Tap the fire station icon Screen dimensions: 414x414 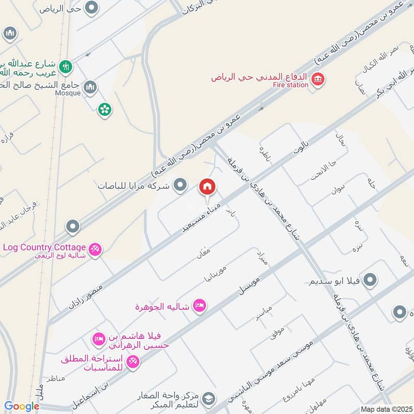click(318, 79)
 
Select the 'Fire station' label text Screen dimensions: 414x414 click(290, 85)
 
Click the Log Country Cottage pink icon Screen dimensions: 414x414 click(95, 249)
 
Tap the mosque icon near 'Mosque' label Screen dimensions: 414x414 click(90, 85)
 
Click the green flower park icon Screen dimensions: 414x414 click(105, 109)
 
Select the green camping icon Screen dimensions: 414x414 click(66, 66)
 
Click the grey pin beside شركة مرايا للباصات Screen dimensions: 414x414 click(180, 184)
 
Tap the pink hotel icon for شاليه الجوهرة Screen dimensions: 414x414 click(200, 306)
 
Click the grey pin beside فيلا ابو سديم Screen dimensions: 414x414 click(370, 280)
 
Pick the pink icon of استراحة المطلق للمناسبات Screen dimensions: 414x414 click(133, 362)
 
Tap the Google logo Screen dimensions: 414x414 click(22, 407)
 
